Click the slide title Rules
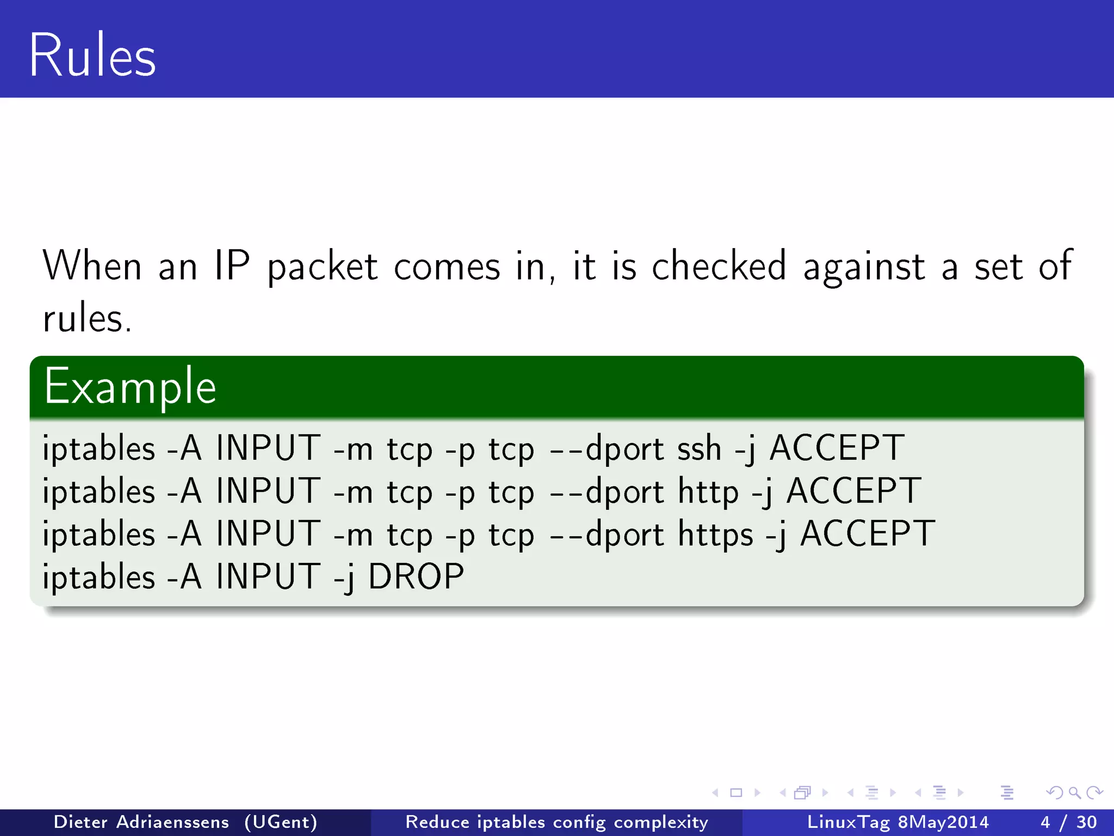point(92,56)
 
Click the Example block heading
point(130,387)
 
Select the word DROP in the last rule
point(416,576)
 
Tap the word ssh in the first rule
point(699,448)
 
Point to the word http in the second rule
point(708,491)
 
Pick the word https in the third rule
point(715,534)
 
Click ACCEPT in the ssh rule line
point(837,448)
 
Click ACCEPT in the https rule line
point(868,534)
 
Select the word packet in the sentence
point(323,267)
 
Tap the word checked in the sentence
point(719,266)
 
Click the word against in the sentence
point(864,267)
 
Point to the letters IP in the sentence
point(232,266)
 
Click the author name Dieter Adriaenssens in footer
point(141,822)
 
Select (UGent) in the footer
point(281,822)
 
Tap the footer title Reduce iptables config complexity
point(556,822)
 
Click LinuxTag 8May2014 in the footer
point(898,822)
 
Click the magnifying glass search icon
point(1074,792)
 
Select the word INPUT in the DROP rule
point(268,576)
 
